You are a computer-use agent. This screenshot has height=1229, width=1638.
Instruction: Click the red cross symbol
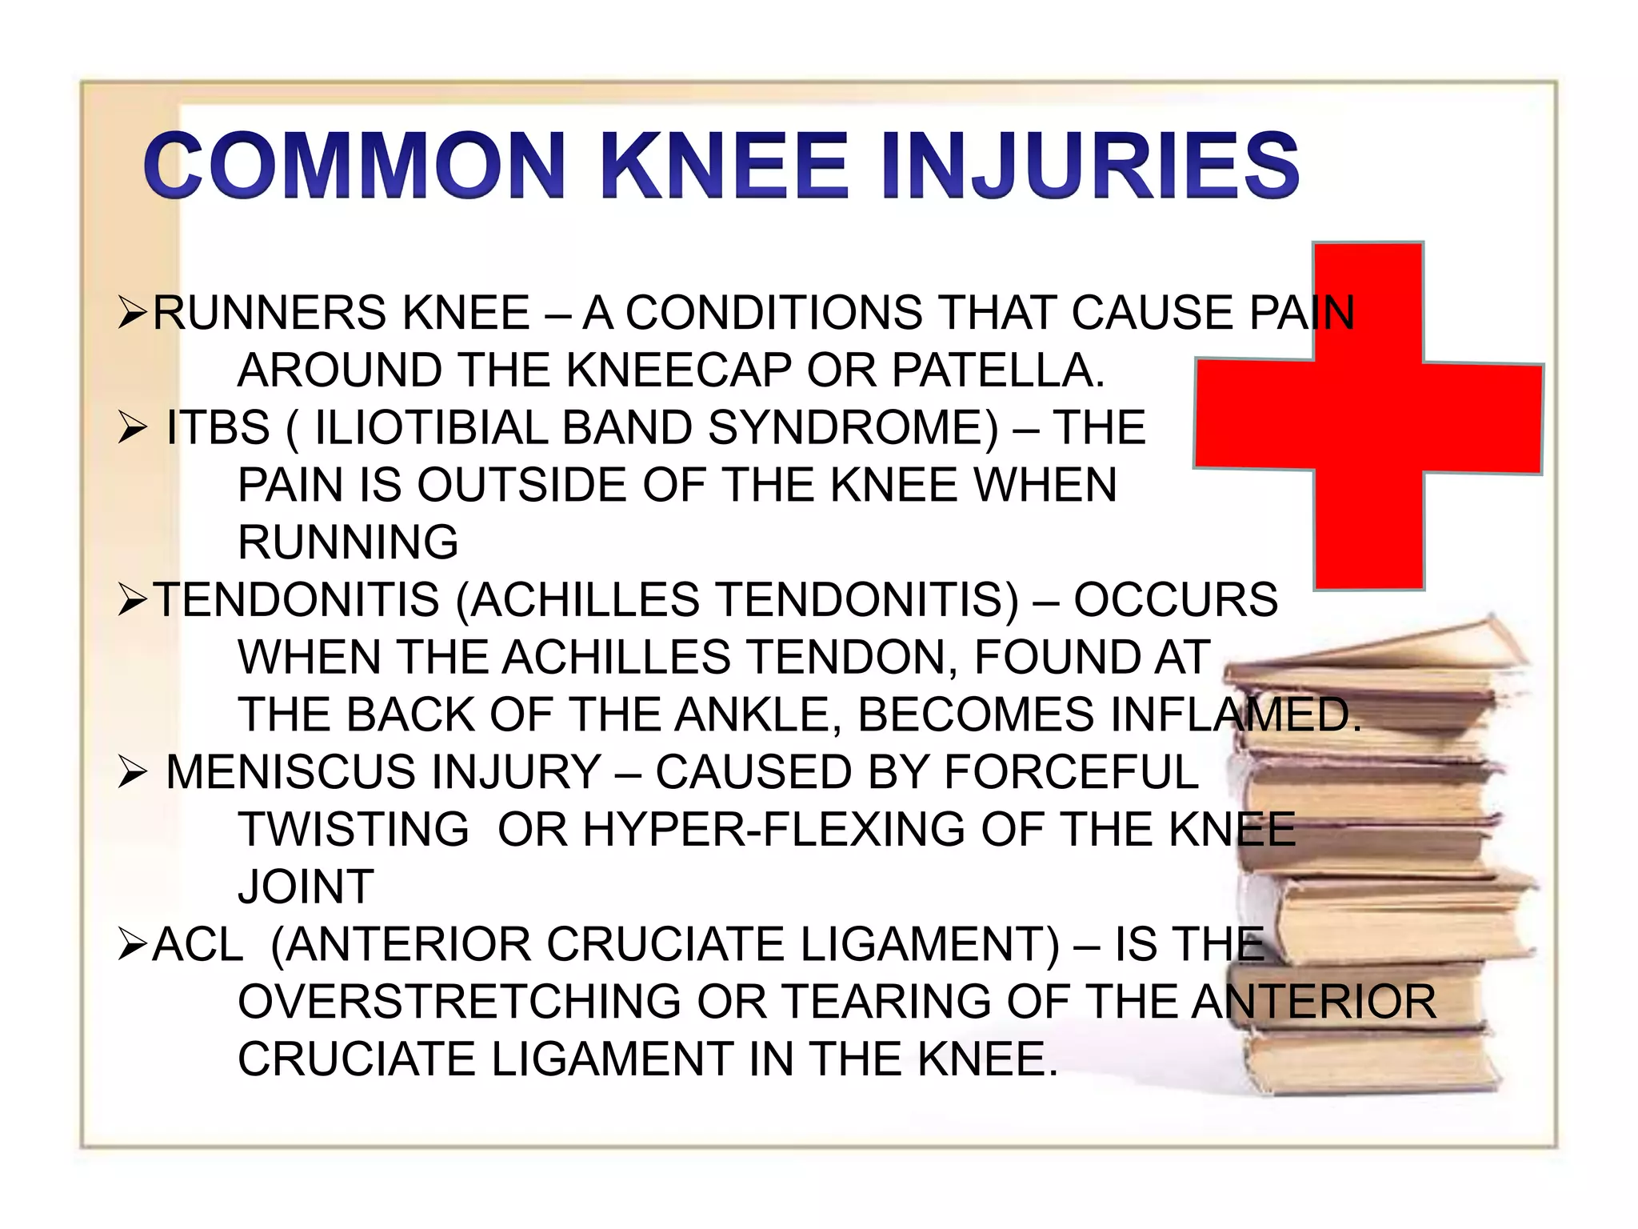coord(1368,416)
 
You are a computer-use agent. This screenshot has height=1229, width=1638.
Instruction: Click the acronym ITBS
coord(218,427)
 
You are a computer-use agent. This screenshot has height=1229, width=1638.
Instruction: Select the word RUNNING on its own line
coord(348,542)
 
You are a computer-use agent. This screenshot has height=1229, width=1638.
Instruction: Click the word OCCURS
coord(1175,599)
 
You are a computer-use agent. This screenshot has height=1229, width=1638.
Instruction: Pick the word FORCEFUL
coord(1071,772)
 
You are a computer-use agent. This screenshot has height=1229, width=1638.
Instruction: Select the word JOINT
coord(306,887)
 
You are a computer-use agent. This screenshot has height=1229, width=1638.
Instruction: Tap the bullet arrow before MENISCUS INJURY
coord(131,772)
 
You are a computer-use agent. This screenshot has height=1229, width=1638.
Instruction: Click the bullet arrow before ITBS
coord(131,428)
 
